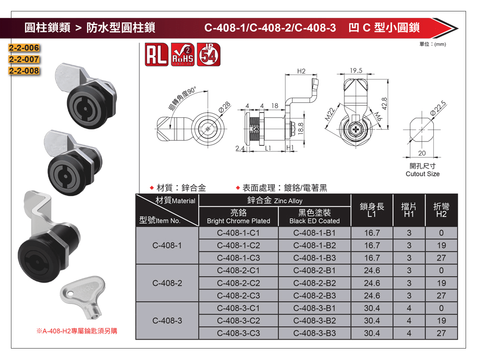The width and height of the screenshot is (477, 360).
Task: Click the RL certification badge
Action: (157, 55)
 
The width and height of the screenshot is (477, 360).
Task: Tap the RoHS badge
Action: (182, 55)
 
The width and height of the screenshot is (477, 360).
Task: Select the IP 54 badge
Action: (209, 55)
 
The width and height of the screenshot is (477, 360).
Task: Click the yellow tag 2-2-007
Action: (24, 59)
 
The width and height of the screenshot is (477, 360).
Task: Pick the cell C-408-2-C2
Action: (238, 283)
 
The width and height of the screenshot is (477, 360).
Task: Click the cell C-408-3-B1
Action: (315, 308)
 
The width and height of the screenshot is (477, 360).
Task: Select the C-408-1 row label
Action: (167, 245)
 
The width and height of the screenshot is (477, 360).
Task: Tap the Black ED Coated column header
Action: (315, 216)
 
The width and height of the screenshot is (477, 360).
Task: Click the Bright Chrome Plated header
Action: (238, 216)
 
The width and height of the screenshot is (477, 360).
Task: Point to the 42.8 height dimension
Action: (384, 104)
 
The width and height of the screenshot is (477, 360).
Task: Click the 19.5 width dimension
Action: (356, 71)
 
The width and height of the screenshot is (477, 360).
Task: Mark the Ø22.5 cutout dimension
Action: (438, 108)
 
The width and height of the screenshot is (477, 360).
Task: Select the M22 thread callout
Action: (330, 115)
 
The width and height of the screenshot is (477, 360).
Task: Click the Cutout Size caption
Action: (422, 174)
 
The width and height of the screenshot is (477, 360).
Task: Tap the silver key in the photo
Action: (83, 296)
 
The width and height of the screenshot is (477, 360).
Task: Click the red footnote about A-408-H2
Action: (77, 331)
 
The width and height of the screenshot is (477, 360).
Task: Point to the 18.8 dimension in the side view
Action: (301, 129)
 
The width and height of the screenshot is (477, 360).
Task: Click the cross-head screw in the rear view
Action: (356, 130)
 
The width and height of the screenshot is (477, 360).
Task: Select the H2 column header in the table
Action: (441, 210)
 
